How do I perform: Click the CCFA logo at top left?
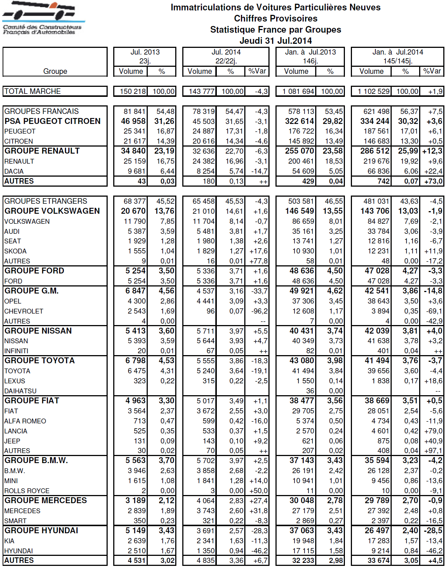point(43,19)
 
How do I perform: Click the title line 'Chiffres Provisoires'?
point(275,19)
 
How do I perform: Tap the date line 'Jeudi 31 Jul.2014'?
point(275,41)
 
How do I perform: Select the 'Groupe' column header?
point(55,71)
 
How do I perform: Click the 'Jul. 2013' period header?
point(145,52)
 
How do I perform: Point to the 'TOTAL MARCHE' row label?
point(33,91)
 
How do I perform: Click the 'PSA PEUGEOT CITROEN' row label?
point(52,121)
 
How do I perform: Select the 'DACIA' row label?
point(14,171)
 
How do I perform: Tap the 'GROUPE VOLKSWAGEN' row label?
point(52,211)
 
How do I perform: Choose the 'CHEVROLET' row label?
point(24,311)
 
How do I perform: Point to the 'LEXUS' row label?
point(15,381)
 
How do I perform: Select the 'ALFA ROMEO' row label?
point(25,421)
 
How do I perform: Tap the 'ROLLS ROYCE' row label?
point(27,491)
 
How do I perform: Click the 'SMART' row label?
point(15,521)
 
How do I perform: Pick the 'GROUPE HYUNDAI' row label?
point(41,531)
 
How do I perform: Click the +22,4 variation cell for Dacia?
point(433,171)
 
